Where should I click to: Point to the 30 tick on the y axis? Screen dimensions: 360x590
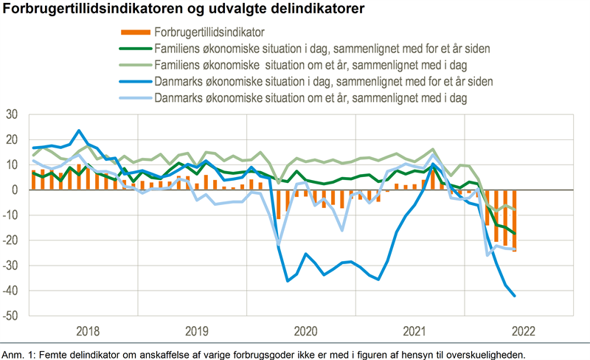(x=12, y=114)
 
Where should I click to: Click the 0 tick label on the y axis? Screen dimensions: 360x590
(x=14, y=190)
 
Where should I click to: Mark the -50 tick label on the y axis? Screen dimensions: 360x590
(x=10, y=316)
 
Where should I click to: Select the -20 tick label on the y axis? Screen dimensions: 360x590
(x=10, y=240)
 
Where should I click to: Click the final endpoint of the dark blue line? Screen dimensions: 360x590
(x=514, y=296)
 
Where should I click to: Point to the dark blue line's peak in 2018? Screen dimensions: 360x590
(x=79, y=131)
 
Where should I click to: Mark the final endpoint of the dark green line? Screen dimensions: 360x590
(x=514, y=233)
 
